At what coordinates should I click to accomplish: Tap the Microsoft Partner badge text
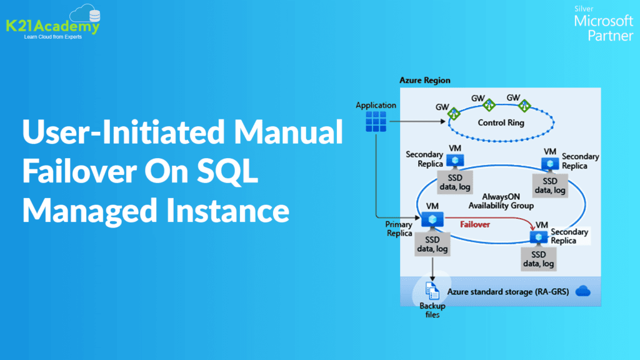pyautogui.click(x=603, y=27)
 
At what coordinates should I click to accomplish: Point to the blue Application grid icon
pyautogui.click(x=376, y=121)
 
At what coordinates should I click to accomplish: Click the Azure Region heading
pyautogui.click(x=424, y=81)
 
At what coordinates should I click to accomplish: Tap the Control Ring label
pyautogui.click(x=501, y=122)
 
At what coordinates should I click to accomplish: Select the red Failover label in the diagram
pyautogui.click(x=475, y=223)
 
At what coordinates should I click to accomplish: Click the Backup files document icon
pyautogui.click(x=432, y=291)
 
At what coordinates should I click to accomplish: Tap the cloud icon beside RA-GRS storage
pyautogui.click(x=582, y=291)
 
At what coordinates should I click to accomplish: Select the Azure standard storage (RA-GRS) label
pyautogui.click(x=507, y=291)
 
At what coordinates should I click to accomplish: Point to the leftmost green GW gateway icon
pyautogui.click(x=454, y=113)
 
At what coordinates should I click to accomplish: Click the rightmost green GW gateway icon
pyautogui.click(x=524, y=106)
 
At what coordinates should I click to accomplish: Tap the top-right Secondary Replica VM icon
pyautogui.click(x=550, y=163)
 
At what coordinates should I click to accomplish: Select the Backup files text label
pyautogui.click(x=432, y=310)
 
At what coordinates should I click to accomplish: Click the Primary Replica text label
pyautogui.click(x=399, y=229)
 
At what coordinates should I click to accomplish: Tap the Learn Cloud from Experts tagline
pyautogui.click(x=49, y=37)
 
